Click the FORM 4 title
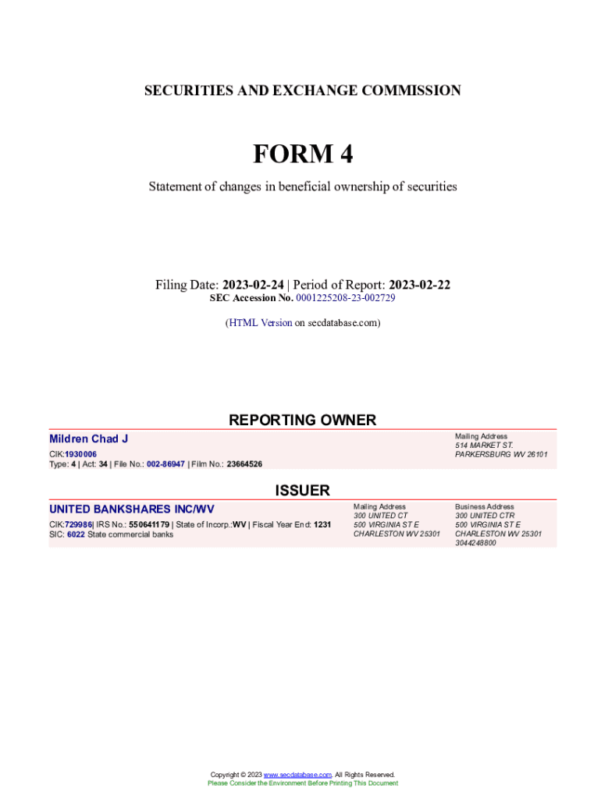point(302,154)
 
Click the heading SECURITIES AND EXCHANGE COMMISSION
point(302,91)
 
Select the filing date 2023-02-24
point(253,285)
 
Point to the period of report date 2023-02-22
point(419,285)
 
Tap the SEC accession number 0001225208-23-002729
point(346,298)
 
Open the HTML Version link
point(260,322)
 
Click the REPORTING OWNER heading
point(302,420)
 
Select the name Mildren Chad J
point(88,439)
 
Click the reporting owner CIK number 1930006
point(81,454)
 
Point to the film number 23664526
point(244,463)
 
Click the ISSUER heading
point(302,490)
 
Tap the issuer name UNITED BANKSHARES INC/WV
point(131,510)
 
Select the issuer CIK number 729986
point(78,524)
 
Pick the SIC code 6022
point(76,534)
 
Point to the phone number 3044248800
point(475,543)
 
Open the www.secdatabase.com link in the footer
point(297,775)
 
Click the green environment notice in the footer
point(302,783)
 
